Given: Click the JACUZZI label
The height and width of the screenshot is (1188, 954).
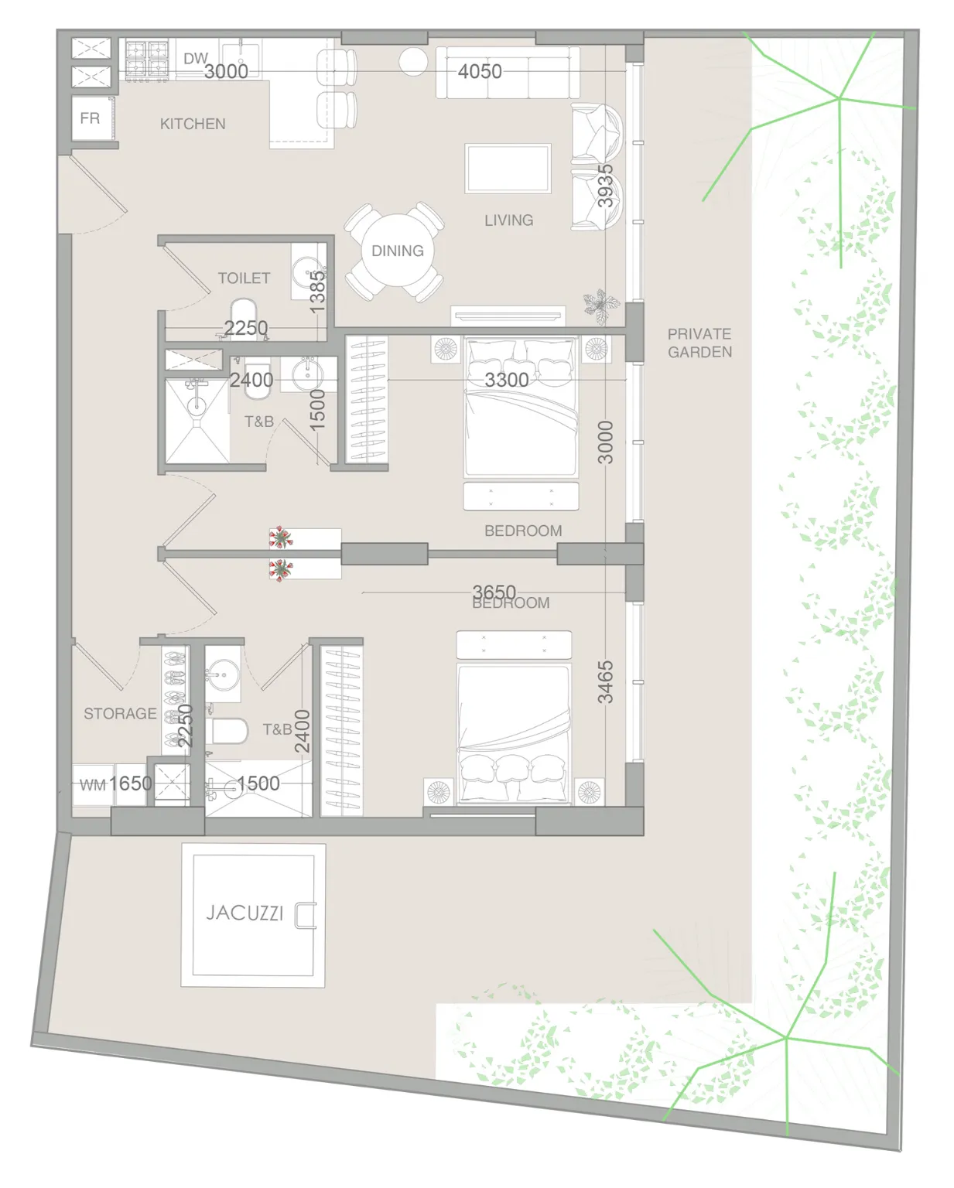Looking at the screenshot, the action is (244, 913).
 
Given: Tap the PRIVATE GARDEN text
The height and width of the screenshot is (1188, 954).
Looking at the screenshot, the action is (699, 343).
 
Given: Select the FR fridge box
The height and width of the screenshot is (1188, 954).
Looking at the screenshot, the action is (93, 118).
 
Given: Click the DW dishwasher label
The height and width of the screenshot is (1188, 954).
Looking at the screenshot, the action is (196, 58).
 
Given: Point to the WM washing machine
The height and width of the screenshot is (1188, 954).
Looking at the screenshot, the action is (93, 784).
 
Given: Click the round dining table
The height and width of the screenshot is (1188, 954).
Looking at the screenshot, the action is (397, 251).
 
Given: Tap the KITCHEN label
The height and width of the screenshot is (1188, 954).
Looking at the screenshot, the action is (193, 124).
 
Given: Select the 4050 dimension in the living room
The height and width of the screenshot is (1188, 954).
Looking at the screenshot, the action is (480, 71).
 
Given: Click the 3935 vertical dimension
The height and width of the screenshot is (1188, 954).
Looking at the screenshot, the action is (605, 186).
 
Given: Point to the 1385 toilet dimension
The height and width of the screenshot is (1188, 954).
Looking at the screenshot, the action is (317, 292).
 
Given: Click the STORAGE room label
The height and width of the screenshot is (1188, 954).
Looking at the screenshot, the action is (120, 713).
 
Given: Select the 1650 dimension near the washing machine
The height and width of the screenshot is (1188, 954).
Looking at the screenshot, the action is (130, 783).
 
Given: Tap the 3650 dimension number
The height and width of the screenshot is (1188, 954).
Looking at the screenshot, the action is (494, 592).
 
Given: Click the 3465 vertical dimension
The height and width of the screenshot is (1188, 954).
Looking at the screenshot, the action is (605, 682).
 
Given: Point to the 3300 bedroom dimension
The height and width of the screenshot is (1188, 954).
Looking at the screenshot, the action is (507, 380).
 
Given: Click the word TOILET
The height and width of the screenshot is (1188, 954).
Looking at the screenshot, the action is (244, 278).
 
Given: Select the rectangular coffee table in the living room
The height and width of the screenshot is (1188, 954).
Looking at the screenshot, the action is (508, 169).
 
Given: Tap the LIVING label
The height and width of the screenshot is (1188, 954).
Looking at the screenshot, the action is (509, 220).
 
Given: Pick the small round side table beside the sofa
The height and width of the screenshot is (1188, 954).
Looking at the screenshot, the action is (413, 61).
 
